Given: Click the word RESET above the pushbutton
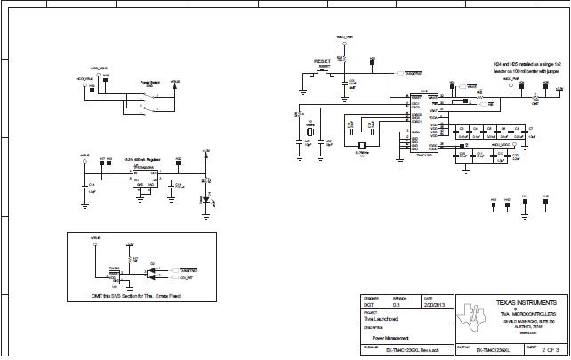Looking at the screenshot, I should (x=322, y=60).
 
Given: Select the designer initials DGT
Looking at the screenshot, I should (x=367, y=304).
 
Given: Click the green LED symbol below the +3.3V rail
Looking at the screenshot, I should (x=205, y=201).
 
